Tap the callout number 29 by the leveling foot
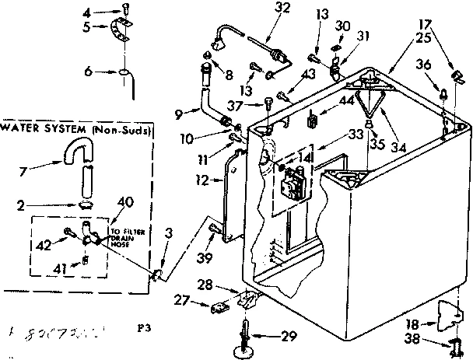[289, 337]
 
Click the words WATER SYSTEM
[33, 128]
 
